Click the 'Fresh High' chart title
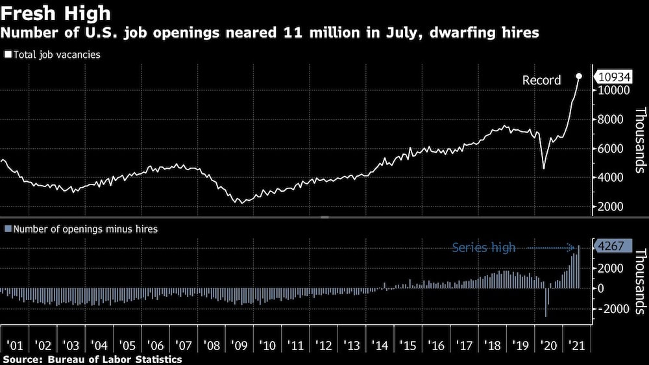(x=56, y=13)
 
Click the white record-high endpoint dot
(x=579, y=76)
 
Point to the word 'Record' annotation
(x=542, y=81)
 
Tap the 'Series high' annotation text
(x=484, y=247)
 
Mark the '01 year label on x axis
(x=16, y=345)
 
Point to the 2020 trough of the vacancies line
(x=544, y=168)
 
